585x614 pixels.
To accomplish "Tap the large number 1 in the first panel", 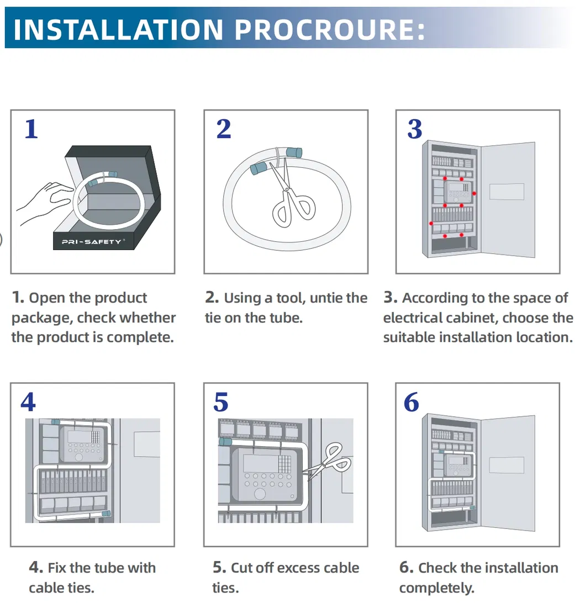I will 31,129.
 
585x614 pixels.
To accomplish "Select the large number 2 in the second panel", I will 224,129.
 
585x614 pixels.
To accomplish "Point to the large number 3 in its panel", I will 415,129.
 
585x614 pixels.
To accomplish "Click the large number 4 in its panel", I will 28,402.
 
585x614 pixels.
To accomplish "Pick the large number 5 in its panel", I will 221,402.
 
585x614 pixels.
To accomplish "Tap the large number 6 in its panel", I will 412,402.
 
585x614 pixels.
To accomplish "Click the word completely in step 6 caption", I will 436,588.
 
